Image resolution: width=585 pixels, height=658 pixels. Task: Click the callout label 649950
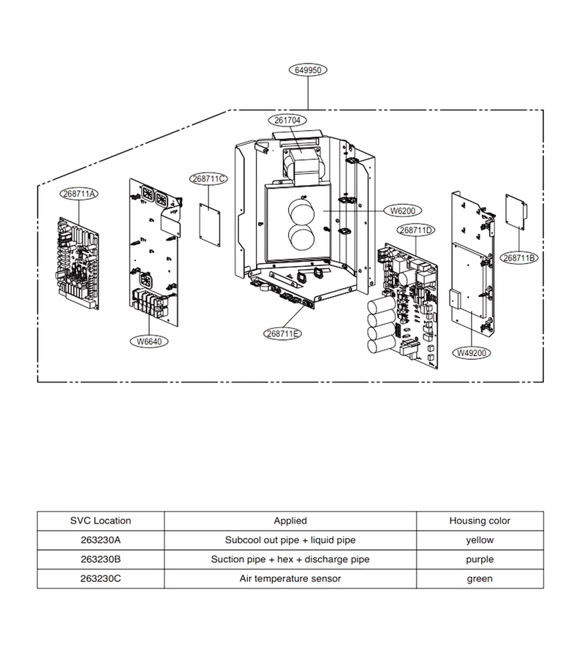pos(308,70)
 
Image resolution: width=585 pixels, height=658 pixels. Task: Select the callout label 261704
pos(287,120)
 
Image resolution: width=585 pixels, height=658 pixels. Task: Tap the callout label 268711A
pos(79,194)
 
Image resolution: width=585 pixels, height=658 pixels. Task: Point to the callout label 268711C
pos(209,179)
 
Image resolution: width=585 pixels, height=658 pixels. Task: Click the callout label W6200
pos(403,211)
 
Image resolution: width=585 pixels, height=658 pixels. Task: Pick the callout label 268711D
pos(415,230)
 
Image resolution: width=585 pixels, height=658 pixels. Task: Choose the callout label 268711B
pos(519,258)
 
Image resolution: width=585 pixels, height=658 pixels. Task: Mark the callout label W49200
pos(472,353)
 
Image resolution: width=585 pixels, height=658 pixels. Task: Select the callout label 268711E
pos(283,333)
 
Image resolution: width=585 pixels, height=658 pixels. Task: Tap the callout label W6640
pos(149,341)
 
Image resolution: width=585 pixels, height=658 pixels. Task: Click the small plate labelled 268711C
pos(210,225)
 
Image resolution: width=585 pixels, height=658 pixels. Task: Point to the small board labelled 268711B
pos(516,212)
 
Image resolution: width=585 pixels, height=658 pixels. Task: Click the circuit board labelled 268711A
pos(78,263)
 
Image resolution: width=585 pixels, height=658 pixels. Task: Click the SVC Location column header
pos(101,521)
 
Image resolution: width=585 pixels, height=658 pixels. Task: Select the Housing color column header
pos(480,521)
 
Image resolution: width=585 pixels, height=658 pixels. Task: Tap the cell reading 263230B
pos(101,559)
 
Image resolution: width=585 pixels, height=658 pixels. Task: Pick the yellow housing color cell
pos(480,540)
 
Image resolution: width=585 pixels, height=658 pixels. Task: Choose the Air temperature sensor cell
pos(290,579)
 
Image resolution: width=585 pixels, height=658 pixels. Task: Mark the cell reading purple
pos(480,559)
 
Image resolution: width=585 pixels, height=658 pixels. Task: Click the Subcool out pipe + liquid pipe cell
pos(290,540)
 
